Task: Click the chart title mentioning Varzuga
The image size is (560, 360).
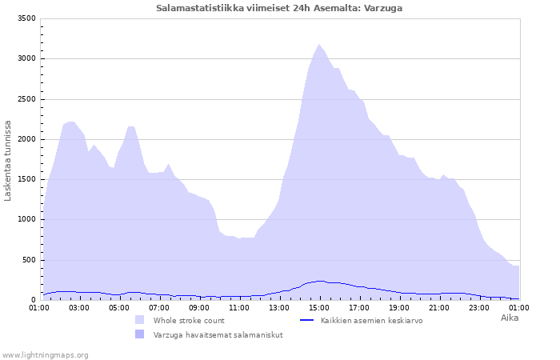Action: click(x=279, y=8)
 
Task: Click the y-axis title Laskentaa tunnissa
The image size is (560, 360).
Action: click(x=8, y=160)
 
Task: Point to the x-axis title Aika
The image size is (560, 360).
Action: click(x=509, y=318)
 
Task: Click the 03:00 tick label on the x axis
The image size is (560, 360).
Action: click(x=79, y=307)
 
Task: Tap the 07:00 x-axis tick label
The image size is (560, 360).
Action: click(x=159, y=307)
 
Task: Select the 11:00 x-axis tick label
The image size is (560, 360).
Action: click(x=239, y=307)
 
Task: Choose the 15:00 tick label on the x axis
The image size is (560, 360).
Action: click(x=319, y=307)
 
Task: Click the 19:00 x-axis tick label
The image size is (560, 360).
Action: click(x=399, y=307)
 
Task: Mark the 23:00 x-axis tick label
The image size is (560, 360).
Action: click(x=479, y=307)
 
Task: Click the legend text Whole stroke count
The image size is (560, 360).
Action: click(x=189, y=320)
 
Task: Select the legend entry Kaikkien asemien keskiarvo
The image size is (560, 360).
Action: click(x=371, y=320)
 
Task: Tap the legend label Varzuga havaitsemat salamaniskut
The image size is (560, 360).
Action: click(x=218, y=334)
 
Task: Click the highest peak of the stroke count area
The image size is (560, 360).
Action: click(x=319, y=45)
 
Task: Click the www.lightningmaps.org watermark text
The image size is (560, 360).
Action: click(x=45, y=354)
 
